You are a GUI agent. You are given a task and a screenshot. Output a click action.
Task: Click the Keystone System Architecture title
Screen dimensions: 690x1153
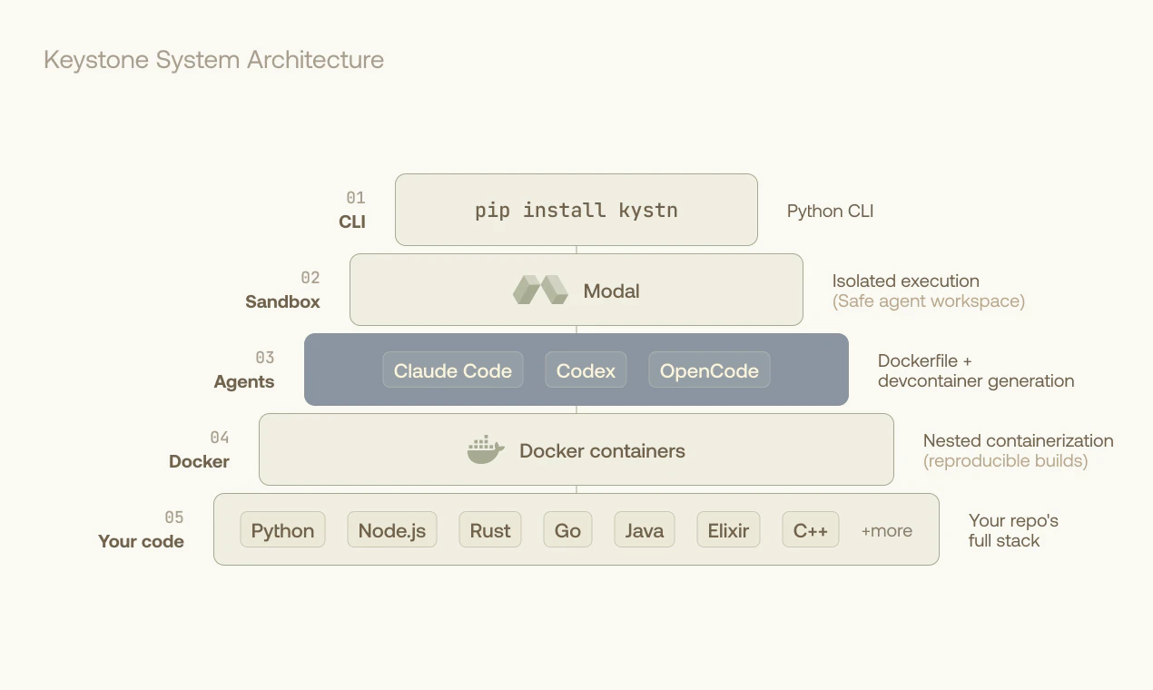213,60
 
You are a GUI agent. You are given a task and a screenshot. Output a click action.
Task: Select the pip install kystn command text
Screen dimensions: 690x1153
576,210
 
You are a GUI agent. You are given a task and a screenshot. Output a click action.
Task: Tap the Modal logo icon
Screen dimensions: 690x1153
539,291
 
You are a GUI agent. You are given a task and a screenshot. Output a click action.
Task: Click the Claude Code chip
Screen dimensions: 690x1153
452,370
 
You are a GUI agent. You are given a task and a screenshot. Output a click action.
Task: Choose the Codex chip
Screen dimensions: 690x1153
586,370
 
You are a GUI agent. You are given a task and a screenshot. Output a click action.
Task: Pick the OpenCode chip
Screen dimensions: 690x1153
709,370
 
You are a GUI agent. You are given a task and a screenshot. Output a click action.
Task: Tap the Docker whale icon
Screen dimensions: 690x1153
486,450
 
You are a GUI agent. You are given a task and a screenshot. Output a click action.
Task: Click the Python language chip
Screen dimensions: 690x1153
282,530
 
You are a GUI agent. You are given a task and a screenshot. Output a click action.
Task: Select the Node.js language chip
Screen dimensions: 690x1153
391,530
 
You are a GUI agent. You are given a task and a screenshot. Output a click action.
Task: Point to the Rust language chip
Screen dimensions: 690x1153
490,530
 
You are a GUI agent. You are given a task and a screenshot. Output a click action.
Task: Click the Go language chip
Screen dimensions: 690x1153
567,530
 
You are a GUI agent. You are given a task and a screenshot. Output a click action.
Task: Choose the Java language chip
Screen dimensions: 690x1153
644,530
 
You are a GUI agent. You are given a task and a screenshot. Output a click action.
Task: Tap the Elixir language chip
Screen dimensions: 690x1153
728,530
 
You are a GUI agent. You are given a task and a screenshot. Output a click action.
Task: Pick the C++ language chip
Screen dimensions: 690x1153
811,530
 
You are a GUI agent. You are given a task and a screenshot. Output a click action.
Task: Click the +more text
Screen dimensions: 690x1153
886,531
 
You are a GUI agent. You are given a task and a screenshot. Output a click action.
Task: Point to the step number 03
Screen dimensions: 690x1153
264,358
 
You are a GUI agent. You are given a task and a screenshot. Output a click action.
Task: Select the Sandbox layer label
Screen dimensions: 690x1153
282,301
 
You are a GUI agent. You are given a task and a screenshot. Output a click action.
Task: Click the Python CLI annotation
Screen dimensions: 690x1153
830,211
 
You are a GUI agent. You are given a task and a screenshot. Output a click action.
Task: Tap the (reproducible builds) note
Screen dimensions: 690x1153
1005,460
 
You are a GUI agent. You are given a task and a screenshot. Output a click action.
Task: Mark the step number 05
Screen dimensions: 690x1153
173,517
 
